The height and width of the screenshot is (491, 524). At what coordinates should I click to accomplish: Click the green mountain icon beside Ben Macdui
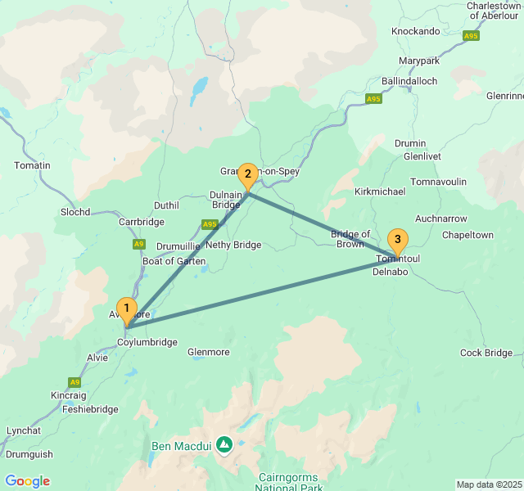[x=224, y=444]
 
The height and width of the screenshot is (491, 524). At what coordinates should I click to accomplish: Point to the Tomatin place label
[x=32, y=165]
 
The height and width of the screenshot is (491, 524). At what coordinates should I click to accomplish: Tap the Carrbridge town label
[x=142, y=222]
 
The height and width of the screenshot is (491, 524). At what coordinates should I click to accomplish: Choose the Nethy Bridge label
[x=233, y=245]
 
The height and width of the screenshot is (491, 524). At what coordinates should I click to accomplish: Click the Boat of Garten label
[x=174, y=261]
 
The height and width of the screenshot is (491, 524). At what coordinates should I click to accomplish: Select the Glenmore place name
[x=209, y=352]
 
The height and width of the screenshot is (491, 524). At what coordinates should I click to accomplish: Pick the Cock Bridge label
[x=486, y=353]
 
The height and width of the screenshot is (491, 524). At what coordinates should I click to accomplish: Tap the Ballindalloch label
[x=409, y=81]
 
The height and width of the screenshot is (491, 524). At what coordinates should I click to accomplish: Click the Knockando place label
[x=416, y=31]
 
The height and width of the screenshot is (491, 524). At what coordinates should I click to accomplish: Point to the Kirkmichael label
[x=380, y=190]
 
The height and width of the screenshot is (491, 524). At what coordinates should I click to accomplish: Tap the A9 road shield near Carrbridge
[x=138, y=244]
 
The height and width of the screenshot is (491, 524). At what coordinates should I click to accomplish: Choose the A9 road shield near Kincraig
[x=75, y=382]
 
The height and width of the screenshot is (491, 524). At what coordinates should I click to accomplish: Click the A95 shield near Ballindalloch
[x=373, y=99]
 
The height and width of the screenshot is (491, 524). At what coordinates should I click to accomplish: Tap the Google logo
[x=28, y=481]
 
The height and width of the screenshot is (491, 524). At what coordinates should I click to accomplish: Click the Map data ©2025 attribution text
[x=487, y=484]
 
